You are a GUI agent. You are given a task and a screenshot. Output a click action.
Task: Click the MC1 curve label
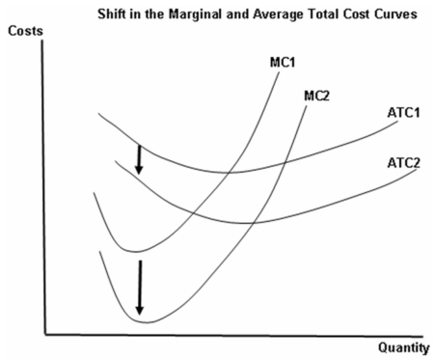[x=284, y=62]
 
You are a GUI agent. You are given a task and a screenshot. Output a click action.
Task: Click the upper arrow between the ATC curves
[x=139, y=159]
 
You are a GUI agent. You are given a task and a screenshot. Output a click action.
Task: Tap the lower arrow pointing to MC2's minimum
[x=140, y=287]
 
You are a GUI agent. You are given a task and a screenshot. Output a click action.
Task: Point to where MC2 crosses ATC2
[x=254, y=224]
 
